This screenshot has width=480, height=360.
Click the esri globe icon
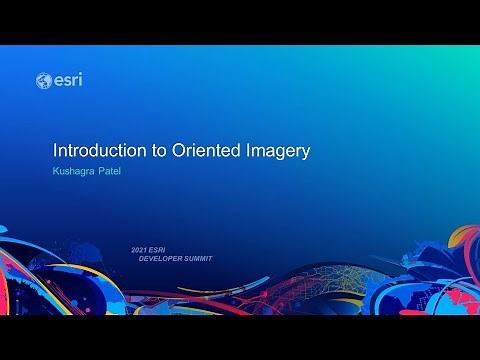tap(43, 80)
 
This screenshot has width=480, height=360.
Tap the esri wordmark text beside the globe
tap(67, 80)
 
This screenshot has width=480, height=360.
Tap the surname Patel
tap(119, 173)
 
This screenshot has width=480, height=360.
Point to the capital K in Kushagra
tap(56, 173)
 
